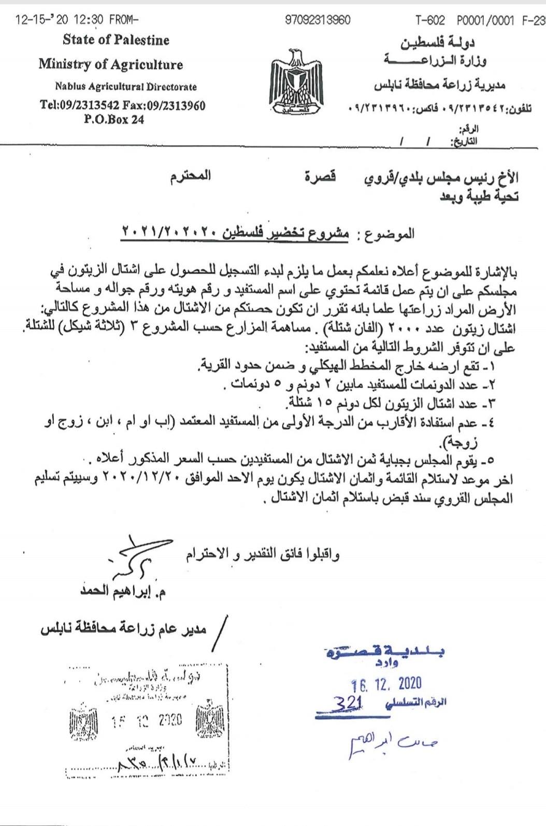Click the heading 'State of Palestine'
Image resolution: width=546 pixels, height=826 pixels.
click(x=116, y=40)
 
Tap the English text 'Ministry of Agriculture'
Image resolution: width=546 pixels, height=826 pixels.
click(x=110, y=65)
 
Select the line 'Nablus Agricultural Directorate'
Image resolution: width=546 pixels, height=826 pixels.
click(x=126, y=87)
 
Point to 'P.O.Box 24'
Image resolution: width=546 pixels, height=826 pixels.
click(x=114, y=119)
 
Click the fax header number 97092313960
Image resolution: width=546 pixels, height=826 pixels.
click(x=318, y=20)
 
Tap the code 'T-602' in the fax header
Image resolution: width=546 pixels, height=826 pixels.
click(x=430, y=20)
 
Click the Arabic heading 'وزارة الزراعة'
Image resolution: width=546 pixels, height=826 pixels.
click(x=435, y=61)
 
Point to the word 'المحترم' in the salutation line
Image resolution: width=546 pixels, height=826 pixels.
click(x=190, y=175)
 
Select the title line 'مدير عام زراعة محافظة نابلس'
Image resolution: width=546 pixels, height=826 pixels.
click(x=124, y=629)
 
